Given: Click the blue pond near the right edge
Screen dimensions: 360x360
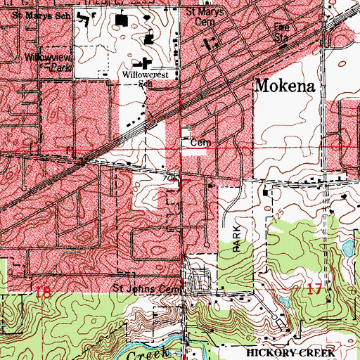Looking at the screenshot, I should point(347,248).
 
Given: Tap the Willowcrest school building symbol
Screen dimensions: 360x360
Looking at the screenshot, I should point(148,62).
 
